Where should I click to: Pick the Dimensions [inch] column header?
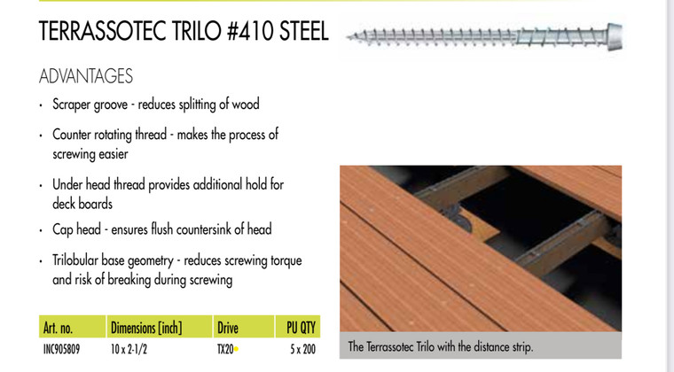[x=145, y=328]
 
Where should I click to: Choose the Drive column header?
[x=227, y=328]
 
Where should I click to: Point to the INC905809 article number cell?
[x=60, y=349]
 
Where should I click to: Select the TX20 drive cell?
[x=225, y=349]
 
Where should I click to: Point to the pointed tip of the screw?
[x=350, y=38]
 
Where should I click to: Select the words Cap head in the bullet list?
[x=76, y=229]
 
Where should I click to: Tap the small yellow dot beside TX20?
[x=237, y=350]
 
